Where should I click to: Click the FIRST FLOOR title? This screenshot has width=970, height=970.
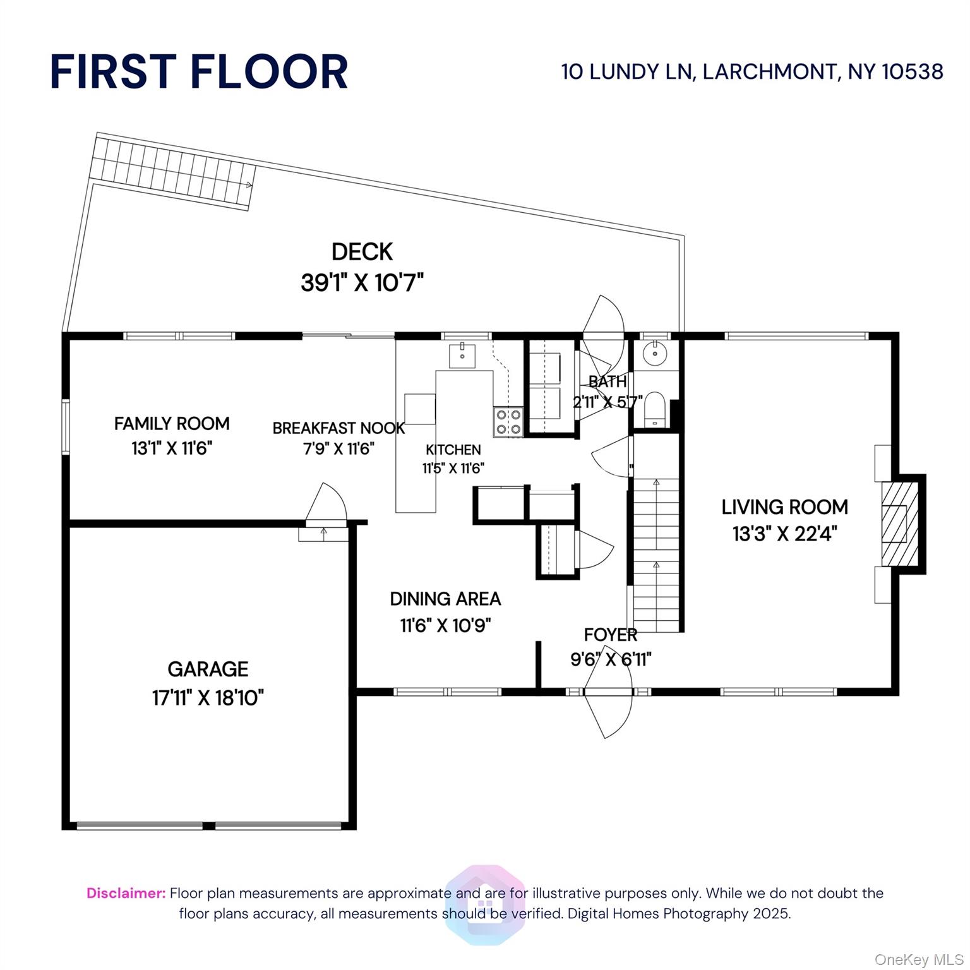click(x=199, y=71)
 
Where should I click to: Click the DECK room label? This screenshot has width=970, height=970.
click(x=362, y=251)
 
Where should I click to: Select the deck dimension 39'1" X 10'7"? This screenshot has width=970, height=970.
click(x=362, y=282)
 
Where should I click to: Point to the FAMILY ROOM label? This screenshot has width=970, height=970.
click(x=172, y=423)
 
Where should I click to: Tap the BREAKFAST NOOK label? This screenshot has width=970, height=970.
click(x=338, y=428)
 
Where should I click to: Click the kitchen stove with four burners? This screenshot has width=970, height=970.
click(x=508, y=422)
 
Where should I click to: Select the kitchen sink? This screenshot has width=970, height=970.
click(x=463, y=356)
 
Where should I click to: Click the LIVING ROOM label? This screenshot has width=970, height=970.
click(x=784, y=506)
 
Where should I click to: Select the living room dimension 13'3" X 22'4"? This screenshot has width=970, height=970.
click(x=784, y=534)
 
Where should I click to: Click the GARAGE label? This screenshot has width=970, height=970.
click(x=208, y=669)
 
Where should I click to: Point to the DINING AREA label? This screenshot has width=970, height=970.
click(x=445, y=599)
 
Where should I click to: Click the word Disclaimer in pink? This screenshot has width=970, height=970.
click(x=126, y=893)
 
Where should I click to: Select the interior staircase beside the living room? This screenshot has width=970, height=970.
click(x=656, y=556)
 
